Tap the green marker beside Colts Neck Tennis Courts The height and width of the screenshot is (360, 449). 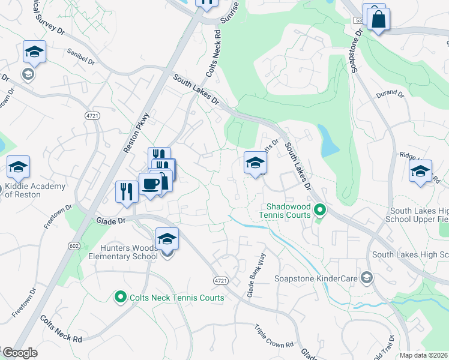(x=120, y=297)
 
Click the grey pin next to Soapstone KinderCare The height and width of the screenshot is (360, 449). (x=367, y=278)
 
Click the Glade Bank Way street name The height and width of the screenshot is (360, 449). (x=256, y=277)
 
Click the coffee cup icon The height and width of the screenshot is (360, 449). (x=149, y=184)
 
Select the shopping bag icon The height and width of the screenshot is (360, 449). (x=378, y=19)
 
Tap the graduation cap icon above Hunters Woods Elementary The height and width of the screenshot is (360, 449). (x=167, y=239)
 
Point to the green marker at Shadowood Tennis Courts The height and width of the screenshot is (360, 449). (x=320, y=210)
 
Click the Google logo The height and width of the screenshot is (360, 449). (x=19, y=353)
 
